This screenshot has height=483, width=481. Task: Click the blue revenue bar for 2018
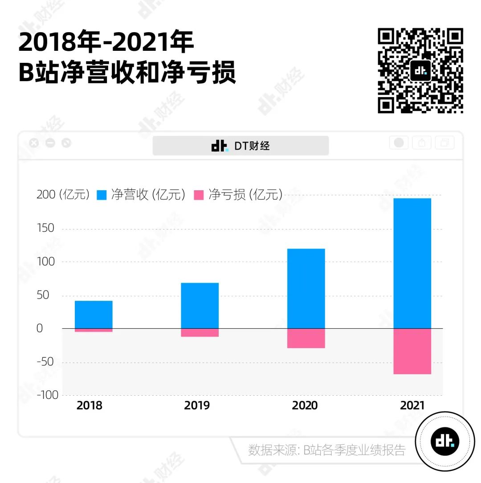94,315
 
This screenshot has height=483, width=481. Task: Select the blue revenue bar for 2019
200,306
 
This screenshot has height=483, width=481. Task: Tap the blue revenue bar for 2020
306,288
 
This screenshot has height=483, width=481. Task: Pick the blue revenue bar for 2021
412,263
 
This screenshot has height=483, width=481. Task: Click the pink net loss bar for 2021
412,351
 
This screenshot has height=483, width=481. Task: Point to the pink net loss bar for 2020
306,338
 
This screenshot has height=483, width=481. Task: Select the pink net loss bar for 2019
200,332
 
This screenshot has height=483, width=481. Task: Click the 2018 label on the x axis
89,405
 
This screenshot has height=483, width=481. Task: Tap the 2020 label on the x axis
305,405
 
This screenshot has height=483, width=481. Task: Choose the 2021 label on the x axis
412,405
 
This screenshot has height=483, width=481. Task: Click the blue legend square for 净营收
102,195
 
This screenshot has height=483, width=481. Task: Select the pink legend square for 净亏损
199,195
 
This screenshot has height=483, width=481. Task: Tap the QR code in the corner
420,70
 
